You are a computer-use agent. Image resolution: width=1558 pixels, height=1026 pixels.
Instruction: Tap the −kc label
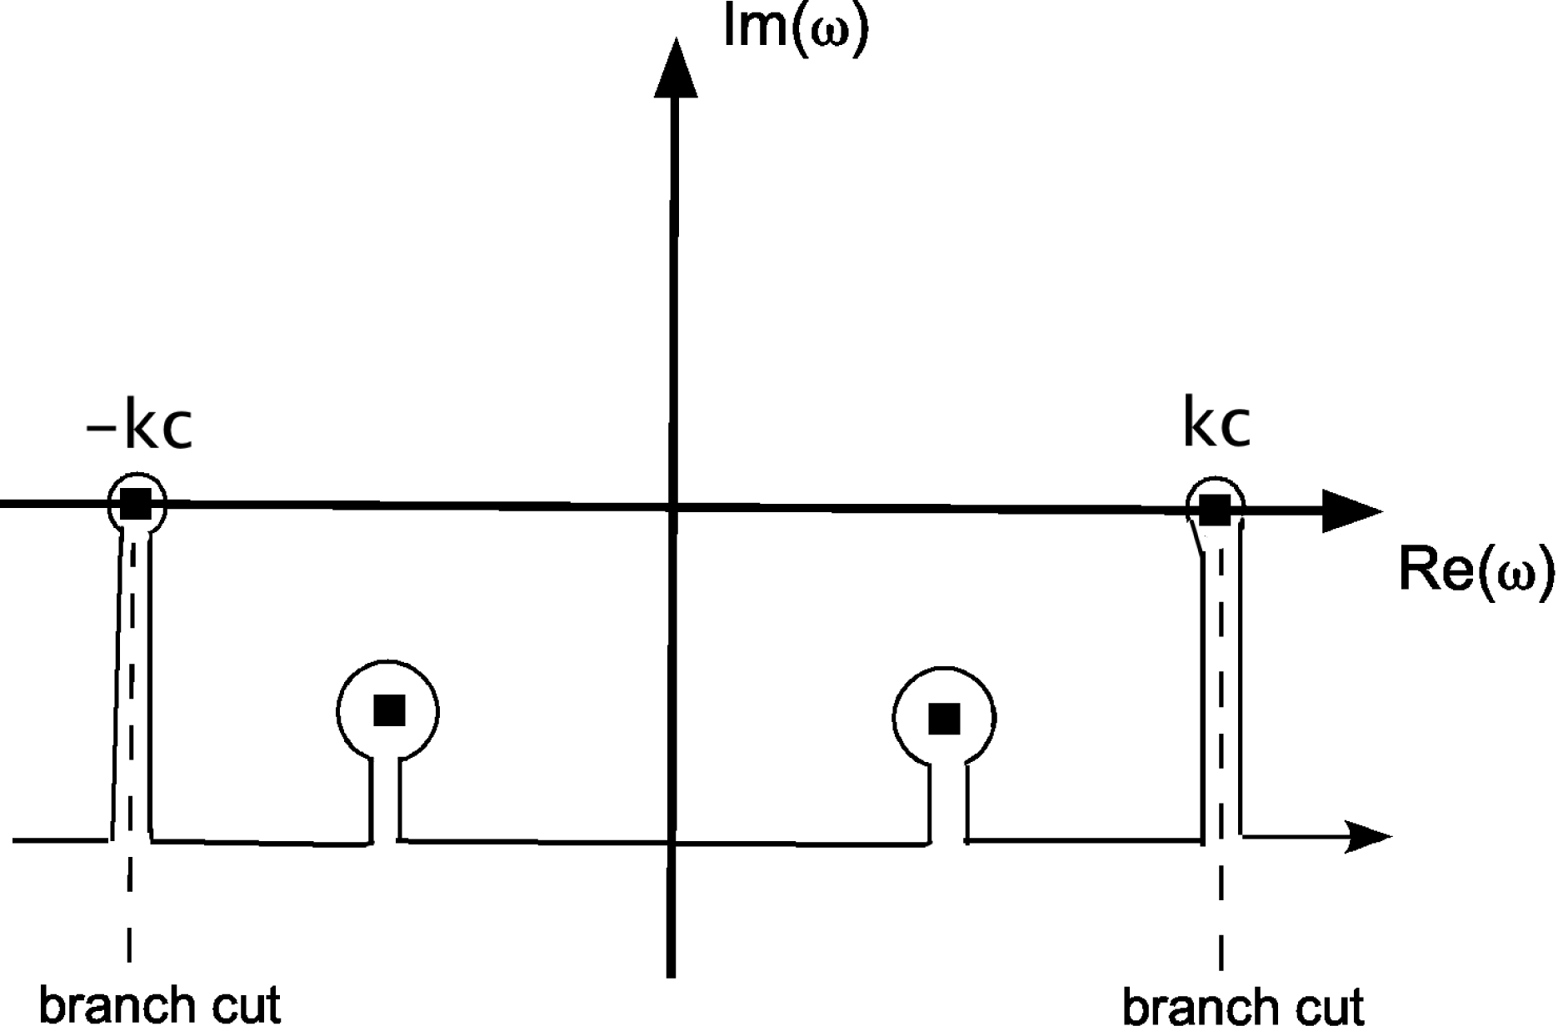pyautogui.click(x=139, y=427)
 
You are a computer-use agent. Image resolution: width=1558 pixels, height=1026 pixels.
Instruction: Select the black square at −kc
pyautogui.click(x=136, y=504)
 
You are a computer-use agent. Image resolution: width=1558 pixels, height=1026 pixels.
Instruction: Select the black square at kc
pyautogui.click(x=1215, y=510)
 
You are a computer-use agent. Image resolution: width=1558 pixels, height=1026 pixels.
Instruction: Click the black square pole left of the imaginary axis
pyautogui.click(x=389, y=710)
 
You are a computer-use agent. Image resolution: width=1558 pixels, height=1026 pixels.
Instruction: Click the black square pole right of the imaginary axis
pyautogui.click(x=944, y=718)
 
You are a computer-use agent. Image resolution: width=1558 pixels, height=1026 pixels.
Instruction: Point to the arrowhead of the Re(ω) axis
pyautogui.click(x=1350, y=511)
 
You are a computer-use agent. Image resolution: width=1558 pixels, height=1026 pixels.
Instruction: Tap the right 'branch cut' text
pyautogui.click(x=1243, y=1005)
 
